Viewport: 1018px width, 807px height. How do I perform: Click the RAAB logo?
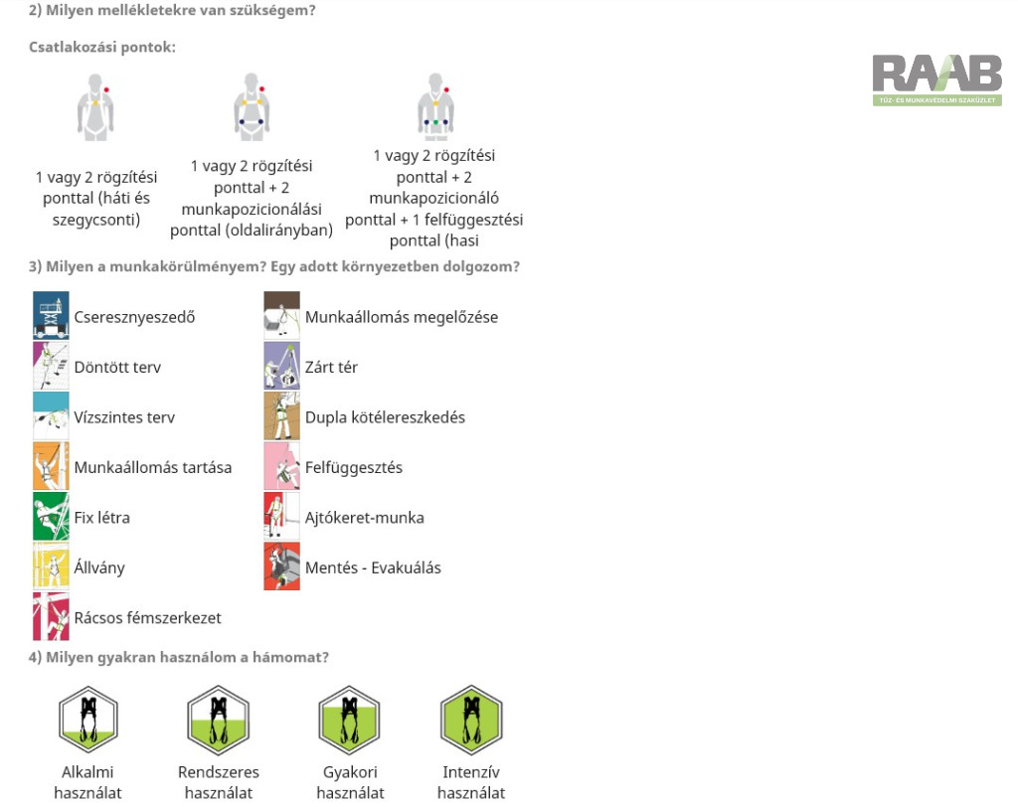(936, 80)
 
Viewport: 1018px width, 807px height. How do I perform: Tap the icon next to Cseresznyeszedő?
(51, 315)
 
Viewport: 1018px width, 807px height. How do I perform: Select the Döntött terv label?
(117, 367)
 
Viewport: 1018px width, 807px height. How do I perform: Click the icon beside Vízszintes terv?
(51, 415)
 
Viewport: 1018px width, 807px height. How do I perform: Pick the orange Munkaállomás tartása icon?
(51, 465)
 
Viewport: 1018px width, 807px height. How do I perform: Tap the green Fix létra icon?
(51, 516)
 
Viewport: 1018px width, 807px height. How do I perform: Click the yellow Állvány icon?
(51, 566)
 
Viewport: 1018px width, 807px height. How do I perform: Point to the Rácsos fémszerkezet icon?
(51, 616)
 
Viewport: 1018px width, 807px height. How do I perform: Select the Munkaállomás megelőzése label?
(402, 317)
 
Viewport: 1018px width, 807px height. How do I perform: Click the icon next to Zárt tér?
(281, 366)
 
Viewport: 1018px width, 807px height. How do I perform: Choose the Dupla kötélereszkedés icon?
(281, 415)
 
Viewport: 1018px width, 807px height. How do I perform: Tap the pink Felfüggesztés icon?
(281, 465)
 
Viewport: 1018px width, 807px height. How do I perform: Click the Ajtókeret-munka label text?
(365, 518)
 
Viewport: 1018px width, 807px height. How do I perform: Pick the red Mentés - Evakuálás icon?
(281, 566)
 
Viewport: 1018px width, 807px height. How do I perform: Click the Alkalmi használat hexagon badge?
(88, 720)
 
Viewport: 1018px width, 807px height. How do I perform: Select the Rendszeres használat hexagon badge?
(218, 720)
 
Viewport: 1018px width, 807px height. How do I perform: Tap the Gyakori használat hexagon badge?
(349, 720)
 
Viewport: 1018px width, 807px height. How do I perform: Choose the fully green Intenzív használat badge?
(471, 720)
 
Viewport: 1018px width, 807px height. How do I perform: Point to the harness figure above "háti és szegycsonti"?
(95, 107)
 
